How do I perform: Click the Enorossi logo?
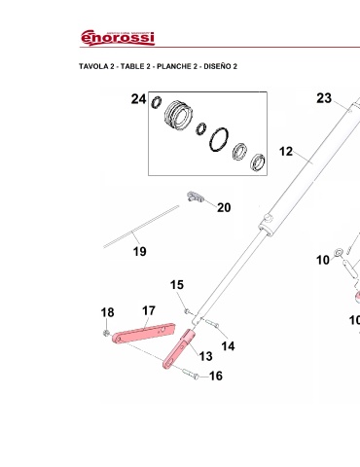[118, 38]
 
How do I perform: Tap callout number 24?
[138, 99]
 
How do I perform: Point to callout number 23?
[324, 98]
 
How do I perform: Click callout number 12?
[286, 152]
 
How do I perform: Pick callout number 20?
[224, 207]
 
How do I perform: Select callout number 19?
[140, 251]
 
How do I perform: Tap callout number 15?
[177, 285]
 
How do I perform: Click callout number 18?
[107, 312]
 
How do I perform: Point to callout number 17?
[149, 310]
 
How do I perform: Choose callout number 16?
[216, 376]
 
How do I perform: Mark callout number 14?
[228, 346]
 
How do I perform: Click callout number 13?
[205, 356]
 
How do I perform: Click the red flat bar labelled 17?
[143, 333]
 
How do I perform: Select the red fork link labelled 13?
[179, 349]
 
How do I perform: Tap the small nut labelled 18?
[105, 333]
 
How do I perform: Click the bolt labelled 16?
[190, 374]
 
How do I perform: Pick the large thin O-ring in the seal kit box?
[219, 140]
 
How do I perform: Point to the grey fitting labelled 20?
[196, 197]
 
